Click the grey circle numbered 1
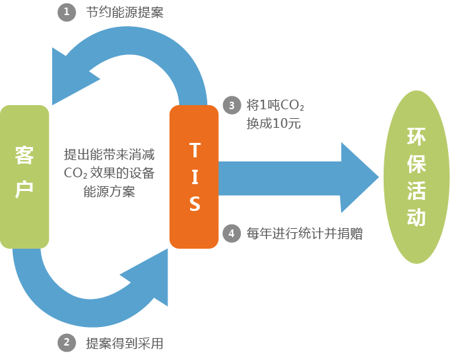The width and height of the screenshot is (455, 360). click(x=67, y=12)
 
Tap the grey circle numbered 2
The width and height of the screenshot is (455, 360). click(x=67, y=342)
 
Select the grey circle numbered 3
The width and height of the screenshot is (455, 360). click(x=232, y=105)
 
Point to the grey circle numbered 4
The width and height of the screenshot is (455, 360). click(x=232, y=234)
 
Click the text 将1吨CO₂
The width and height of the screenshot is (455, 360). click(x=275, y=106)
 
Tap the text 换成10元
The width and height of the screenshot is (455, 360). click(x=273, y=124)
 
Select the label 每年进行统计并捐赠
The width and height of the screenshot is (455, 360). click(x=304, y=234)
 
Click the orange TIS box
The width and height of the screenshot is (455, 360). click(x=194, y=176)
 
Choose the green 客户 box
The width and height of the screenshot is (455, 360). click(x=25, y=177)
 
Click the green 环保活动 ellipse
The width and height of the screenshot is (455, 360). click(x=416, y=176)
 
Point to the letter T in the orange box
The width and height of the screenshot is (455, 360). click(x=194, y=150)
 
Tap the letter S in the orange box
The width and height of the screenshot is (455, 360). click(x=194, y=204)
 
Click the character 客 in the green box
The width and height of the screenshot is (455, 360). click(x=25, y=157)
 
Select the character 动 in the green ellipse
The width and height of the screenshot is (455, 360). click(x=416, y=217)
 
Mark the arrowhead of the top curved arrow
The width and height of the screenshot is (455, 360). click(x=72, y=69)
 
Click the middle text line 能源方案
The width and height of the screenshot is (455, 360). click(x=108, y=192)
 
